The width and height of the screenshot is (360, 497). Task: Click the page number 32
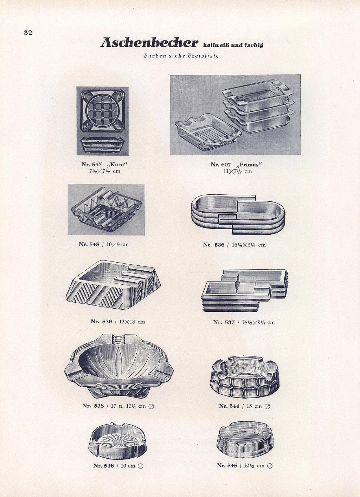(x=28, y=33)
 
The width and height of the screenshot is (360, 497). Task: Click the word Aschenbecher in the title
(x=149, y=43)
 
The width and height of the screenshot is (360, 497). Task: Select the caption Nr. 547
(x=91, y=164)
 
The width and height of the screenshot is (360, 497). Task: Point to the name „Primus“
(x=249, y=164)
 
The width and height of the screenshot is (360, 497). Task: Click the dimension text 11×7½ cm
(x=238, y=171)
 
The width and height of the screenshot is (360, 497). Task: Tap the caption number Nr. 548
(x=89, y=244)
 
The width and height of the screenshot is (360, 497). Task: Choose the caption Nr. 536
(x=213, y=245)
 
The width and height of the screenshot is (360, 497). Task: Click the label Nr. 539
(x=101, y=322)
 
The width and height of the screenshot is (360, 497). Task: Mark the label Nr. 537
(x=224, y=322)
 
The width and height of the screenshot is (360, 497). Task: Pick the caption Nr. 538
(x=93, y=406)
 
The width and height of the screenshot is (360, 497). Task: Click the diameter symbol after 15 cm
(x=268, y=406)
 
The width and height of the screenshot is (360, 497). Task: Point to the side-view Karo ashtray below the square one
(x=102, y=144)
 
